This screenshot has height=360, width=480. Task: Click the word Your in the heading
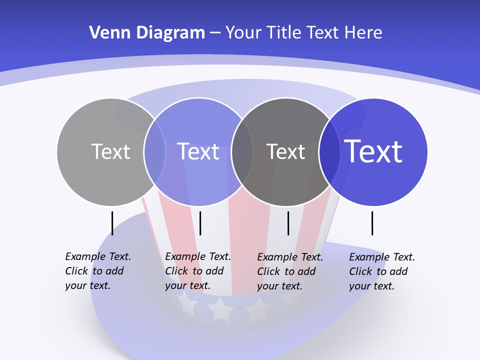[243, 33]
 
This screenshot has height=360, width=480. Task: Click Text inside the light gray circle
[110, 151]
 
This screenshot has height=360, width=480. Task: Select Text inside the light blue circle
[198, 151]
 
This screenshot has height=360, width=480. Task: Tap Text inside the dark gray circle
[285, 151]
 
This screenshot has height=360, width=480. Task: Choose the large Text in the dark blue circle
[373, 151]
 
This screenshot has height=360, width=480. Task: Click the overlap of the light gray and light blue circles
[154, 151]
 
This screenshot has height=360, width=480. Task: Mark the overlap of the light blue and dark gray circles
[242, 151]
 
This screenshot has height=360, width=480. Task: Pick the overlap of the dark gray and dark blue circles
[329, 151]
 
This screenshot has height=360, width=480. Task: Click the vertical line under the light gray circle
[112, 223]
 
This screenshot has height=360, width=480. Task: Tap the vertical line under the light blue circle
[200, 223]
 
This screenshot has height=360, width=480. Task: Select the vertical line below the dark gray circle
[288, 223]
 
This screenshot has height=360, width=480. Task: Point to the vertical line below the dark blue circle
[372, 223]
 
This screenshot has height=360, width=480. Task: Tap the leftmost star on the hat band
[186, 304]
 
